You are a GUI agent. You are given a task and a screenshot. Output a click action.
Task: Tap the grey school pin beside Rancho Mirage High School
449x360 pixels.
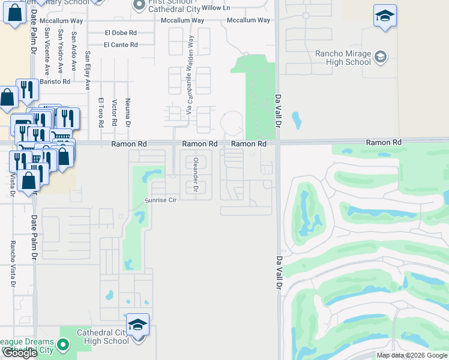coord(379,58)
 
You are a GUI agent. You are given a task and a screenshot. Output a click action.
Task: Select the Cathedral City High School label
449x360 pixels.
coord(103,337)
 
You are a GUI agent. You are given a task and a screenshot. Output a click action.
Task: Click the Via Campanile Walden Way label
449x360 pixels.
coord(190,75)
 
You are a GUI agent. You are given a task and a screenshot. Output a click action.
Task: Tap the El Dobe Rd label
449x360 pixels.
coord(120,33)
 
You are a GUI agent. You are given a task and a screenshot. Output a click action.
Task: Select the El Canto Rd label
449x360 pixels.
coord(120,45)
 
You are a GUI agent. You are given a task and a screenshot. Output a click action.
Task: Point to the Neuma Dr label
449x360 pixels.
coord(128,113)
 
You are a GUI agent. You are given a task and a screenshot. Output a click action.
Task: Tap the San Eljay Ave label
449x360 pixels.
coord(88,66)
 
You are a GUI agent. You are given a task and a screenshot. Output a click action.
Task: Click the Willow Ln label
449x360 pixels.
coord(215,8)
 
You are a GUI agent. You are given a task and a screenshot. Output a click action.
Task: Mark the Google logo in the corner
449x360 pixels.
coord(19,353)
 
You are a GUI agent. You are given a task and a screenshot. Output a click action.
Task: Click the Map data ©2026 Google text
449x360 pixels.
coord(411,355)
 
